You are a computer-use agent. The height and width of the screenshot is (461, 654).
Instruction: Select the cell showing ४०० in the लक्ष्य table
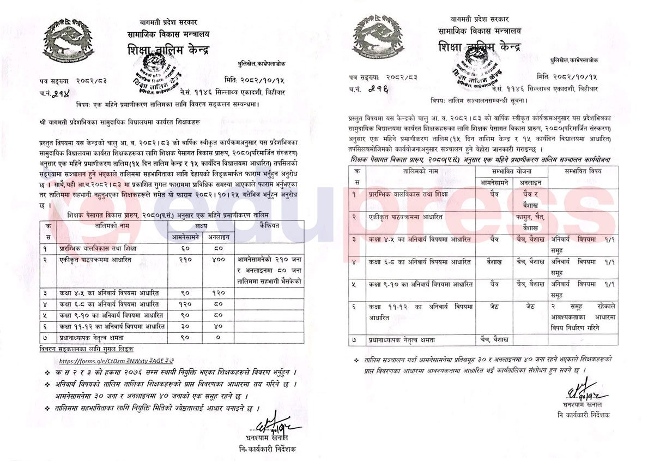(x=219, y=260)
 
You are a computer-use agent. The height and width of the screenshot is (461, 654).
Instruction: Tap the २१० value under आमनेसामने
(x=186, y=260)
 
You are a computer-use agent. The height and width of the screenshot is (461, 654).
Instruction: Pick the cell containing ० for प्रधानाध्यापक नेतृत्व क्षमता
(x=219, y=337)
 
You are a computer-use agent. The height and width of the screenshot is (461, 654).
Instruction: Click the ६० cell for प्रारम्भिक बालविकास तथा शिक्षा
(x=186, y=248)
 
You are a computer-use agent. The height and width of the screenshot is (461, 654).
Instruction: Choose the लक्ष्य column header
(x=201, y=225)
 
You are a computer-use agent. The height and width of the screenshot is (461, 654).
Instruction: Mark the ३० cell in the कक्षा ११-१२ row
(x=186, y=326)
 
